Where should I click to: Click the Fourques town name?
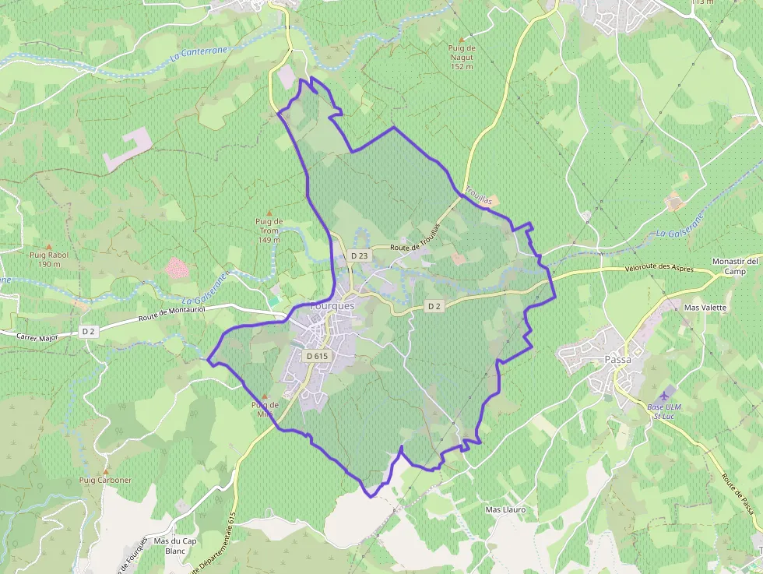point(332,306)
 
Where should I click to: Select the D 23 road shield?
point(359,255)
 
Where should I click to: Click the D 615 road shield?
point(318,356)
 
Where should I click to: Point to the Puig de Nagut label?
point(462,57)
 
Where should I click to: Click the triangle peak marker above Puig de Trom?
point(269,212)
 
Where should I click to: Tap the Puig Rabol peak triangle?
point(48,246)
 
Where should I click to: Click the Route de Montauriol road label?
point(171,314)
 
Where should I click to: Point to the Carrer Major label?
point(40,336)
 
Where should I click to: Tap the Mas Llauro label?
point(506,509)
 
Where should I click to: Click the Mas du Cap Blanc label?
point(175,545)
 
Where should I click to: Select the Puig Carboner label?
point(105,480)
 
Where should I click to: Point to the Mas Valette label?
point(705,307)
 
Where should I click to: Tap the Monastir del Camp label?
point(735,266)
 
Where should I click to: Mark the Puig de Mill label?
point(265,409)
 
